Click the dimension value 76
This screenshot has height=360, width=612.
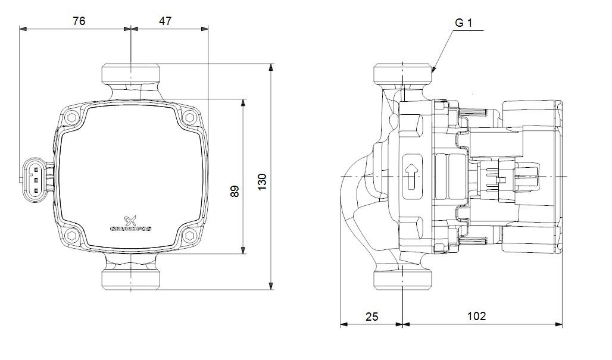79,21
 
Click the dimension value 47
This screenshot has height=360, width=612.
165,21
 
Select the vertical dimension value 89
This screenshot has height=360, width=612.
235,191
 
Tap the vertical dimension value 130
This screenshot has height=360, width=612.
262,181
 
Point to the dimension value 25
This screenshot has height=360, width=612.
371,317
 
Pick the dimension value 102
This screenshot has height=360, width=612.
477,316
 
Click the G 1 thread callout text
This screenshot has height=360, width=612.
463,23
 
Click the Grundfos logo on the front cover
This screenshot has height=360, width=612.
131,224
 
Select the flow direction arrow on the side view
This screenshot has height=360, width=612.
411,176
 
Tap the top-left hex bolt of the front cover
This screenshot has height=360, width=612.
73,117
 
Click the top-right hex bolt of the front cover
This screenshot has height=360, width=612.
190,117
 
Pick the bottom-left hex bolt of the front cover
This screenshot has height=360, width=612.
73,236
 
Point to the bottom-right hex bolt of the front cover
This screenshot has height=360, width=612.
190,236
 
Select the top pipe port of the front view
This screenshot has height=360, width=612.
131,72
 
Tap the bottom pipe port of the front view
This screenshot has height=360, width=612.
131,280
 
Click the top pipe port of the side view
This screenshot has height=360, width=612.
403,72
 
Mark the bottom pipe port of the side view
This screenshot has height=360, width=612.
403,280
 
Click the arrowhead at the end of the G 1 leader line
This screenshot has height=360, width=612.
434,70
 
